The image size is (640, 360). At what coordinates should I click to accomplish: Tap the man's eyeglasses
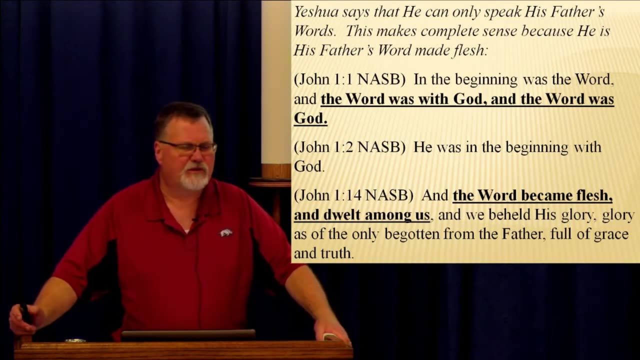coord(187,147)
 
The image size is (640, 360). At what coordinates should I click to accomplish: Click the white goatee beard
coord(195,177)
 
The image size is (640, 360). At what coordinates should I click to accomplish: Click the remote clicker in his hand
coord(25,313)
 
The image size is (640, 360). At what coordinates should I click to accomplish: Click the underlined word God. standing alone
coord(310,118)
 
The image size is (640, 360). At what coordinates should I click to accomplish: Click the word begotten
coord(412,235)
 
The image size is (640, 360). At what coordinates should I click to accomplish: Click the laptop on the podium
coord(188,335)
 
